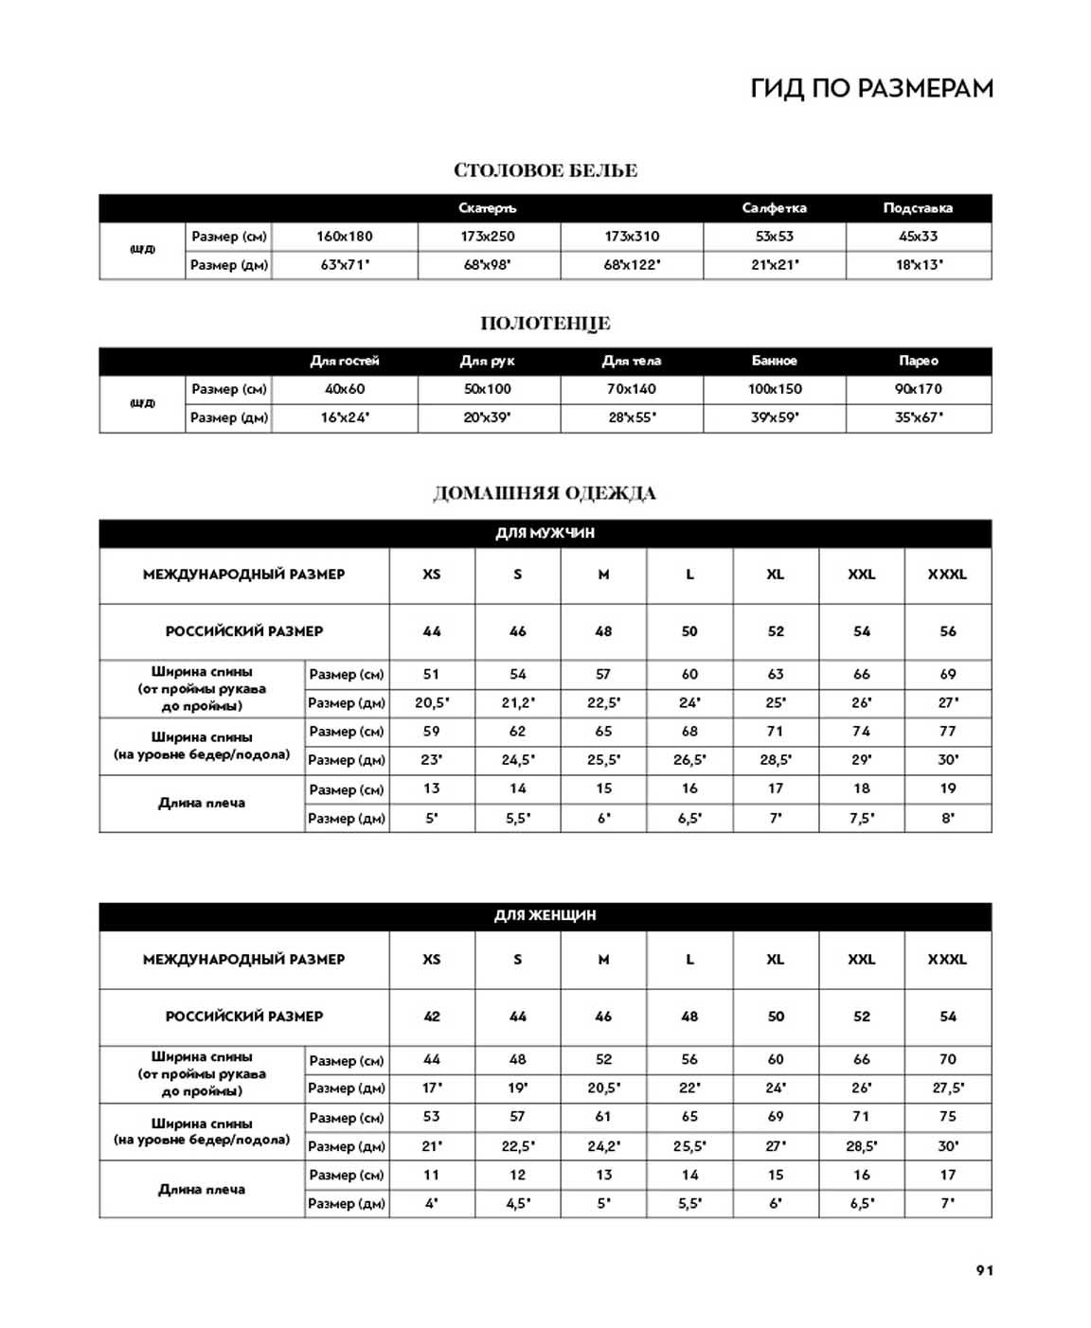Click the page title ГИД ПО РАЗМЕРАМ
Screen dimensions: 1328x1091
(871, 88)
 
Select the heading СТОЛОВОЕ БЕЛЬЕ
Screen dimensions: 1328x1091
(545, 170)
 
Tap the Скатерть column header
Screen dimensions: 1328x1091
(488, 208)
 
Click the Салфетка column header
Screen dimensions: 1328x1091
(774, 208)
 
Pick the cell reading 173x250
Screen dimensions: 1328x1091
(488, 237)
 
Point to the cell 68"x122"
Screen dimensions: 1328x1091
(632, 265)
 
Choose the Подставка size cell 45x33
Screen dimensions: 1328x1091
(918, 237)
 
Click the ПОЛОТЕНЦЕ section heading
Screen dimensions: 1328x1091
(545, 323)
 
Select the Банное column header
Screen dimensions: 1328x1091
(774, 361)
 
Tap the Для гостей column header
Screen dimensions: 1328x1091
(344, 361)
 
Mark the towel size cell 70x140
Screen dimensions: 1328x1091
(632, 389)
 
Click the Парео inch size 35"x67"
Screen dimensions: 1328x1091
(918, 417)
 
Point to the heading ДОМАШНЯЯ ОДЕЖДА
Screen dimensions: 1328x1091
(545, 493)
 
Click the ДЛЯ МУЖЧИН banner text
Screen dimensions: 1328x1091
(545, 533)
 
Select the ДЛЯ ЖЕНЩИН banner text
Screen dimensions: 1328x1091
(545, 915)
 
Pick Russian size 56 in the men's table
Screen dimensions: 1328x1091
(947, 631)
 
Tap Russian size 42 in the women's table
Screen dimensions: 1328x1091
(432, 1017)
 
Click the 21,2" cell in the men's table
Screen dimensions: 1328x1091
(517, 703)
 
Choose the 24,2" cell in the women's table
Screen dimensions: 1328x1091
(603, 1146)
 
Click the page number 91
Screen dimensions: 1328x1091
(985, 1270)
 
